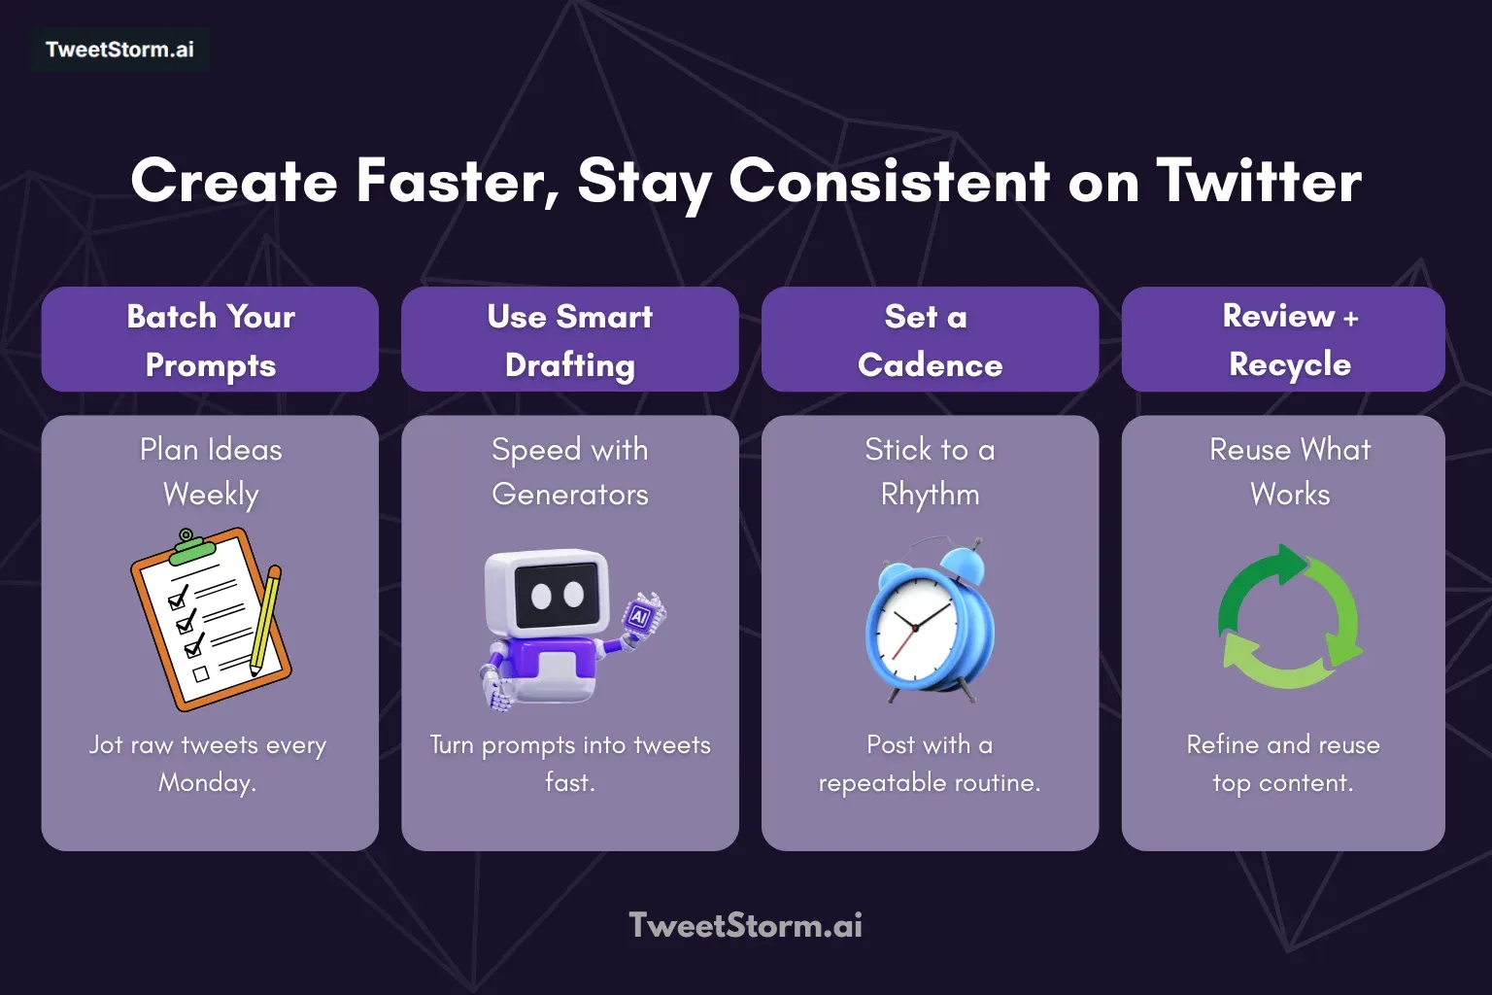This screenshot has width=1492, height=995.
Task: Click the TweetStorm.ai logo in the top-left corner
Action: (x=119, y=50)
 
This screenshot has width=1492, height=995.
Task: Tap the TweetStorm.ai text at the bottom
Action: (x=745, y=925)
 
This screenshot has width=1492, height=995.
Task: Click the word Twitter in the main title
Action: (x=1259, y=182)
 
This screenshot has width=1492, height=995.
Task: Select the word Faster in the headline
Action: (x=457, y=182)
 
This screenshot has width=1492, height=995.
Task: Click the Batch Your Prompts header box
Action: (x=210, y=340)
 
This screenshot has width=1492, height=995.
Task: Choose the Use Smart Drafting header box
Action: (x=570, y=340)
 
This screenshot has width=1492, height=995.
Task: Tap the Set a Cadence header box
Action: (x=930, y=340)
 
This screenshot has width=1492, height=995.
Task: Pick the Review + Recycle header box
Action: (x=1283, y=340)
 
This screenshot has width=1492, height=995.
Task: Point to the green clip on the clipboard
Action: (x=192, y=551)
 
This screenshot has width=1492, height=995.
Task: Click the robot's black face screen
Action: (x=557, y=594)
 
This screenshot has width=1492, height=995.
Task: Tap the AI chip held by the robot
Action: (x=640, y=615)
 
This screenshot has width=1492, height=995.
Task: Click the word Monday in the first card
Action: (x=207, y=783)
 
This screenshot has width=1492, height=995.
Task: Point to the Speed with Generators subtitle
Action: (x=570, y=472)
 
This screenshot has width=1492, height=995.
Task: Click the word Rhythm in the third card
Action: (x=930, y=495)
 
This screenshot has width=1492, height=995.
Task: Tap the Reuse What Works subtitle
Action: (x=1289, y=472)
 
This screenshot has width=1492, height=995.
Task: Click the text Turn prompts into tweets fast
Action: (x=570, y=764)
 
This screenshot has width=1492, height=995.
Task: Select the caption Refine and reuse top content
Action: (x=1283, y=764)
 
